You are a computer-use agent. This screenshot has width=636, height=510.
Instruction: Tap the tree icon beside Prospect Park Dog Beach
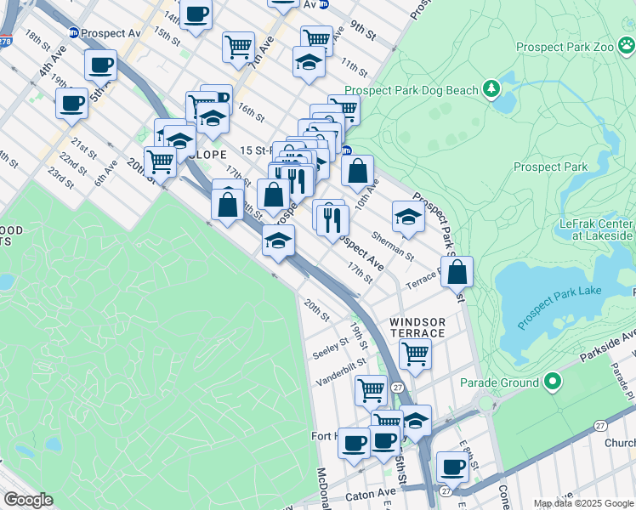[491, 88]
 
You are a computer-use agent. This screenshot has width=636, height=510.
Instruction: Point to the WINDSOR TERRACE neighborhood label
[417, 327]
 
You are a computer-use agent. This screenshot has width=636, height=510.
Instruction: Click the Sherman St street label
[393, 245]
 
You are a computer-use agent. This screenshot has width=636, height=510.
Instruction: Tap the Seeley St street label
[330, 349]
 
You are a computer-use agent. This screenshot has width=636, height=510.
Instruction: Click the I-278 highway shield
[7, 40]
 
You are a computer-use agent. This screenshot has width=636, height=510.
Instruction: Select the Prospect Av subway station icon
[74, 32]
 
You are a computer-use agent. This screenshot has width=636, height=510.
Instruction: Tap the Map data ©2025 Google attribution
[583, 503]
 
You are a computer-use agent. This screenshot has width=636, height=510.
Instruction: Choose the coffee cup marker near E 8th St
[452, 467]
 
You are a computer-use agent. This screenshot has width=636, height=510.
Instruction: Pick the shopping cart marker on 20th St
[160, 161]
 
